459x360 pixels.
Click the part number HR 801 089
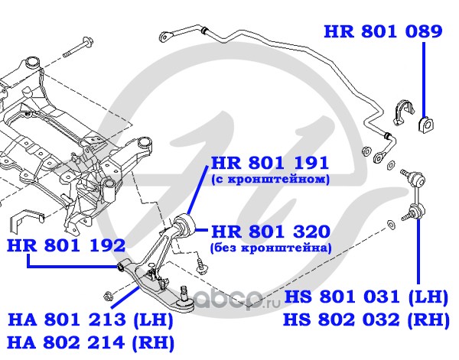[x=382, y=31]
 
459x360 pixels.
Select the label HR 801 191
[x=269, y=162]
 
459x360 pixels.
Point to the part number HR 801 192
[x=66, y=245]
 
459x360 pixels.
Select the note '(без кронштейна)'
[x=270, y=248]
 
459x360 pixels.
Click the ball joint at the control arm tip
[x=186, y=297]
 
